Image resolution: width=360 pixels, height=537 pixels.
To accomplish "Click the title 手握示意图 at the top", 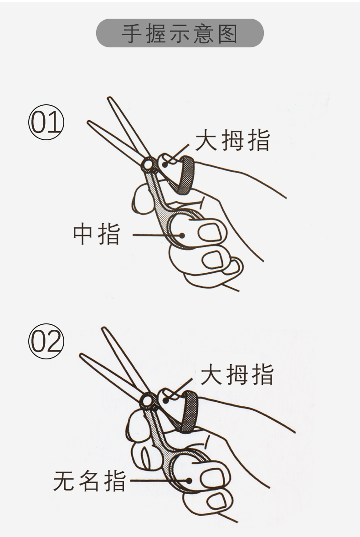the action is [180, 33].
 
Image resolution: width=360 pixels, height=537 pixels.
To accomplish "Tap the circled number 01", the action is [46, 122].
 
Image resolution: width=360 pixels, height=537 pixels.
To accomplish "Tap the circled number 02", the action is [46, 342].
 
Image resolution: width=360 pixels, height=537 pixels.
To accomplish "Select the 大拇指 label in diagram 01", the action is [232, 140].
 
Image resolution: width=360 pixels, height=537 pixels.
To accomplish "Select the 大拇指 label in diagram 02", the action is [237, 374].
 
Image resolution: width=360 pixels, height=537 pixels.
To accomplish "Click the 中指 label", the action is [97, 234].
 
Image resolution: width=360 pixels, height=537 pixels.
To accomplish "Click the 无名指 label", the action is [90, 481].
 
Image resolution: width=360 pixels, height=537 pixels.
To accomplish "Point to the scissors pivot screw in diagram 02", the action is [148, 400].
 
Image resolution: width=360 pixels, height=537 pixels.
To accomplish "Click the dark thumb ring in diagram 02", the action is [190, 411].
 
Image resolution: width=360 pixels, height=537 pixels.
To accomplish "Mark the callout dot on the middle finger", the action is [182, 235].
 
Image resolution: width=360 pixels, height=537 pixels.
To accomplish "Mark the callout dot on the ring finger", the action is [188, 481].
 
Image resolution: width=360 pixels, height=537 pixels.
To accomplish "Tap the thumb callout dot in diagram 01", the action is [165, 164].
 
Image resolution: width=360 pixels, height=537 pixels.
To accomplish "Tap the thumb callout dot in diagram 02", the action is [166, 399].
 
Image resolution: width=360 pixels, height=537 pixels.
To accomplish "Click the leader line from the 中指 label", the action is [157, 235].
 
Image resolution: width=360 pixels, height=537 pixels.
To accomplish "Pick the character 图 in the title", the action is [228, 34].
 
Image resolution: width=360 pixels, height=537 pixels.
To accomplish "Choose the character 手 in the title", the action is [132, 34].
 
